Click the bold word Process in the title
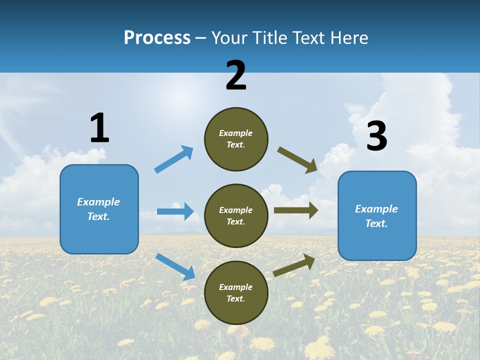157,38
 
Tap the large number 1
99,128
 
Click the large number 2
236,76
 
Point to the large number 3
376,136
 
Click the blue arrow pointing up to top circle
173,159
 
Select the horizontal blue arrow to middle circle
175,211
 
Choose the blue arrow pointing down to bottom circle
175,266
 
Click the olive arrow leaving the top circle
297,159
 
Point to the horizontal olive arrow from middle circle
295,210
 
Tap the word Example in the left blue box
98,202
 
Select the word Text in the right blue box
375,223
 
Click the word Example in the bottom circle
236,287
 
